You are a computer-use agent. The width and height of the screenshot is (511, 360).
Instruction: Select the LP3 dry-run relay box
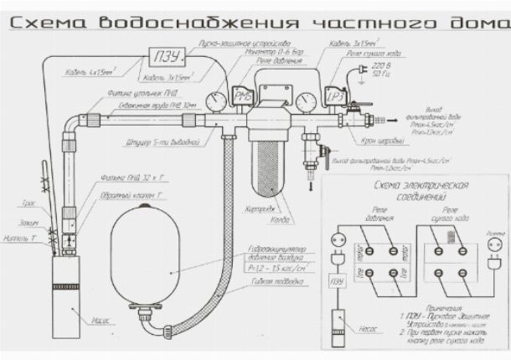(334, 96)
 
